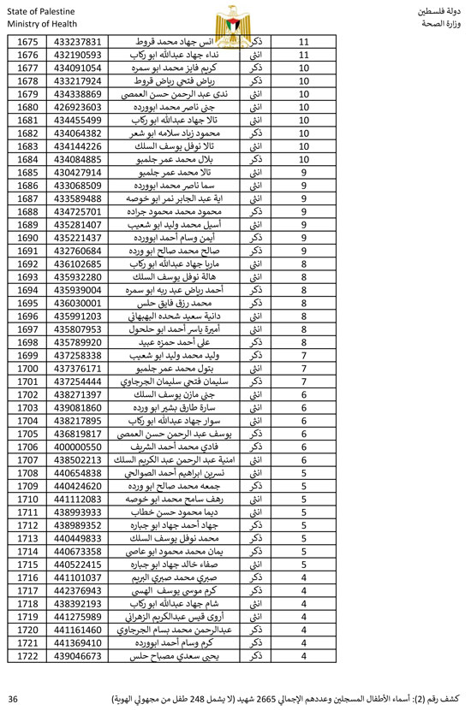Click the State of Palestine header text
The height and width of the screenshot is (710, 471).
tap(39, 9)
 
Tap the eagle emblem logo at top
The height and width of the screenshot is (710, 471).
tap(235, 17)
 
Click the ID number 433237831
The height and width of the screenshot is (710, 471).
tap(78, 42)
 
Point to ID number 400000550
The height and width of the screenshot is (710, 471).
tap(78, 447)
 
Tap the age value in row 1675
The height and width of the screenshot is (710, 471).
tap(305, 42)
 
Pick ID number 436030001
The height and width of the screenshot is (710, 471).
tap(78, 303)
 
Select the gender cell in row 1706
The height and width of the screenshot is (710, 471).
tap(254, 447)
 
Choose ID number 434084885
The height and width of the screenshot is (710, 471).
tap(78, 159)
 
